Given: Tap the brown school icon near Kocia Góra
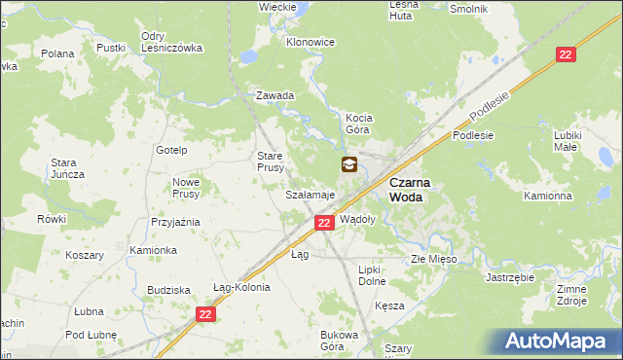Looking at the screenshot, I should click(348, 165).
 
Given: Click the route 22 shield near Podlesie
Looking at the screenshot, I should click(567, 55).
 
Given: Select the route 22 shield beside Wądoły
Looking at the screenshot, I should click(325, 223).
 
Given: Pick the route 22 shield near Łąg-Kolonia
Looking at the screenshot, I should click(204, 314).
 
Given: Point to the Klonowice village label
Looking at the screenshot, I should click(311, 43).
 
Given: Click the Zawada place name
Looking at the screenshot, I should click(275, 95).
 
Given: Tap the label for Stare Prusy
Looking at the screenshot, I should click(270, 162).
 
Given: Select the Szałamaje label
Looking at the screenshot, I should click(310, 195).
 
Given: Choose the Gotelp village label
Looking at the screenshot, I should click(172, 150).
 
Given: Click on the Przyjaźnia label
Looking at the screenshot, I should click(175, 222).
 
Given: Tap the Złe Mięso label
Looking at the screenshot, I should click(433, 260).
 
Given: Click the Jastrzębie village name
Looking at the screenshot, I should click(510, 276).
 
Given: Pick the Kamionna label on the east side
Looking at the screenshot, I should click(547, 196).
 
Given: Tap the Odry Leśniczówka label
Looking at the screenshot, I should click(170, 42).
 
